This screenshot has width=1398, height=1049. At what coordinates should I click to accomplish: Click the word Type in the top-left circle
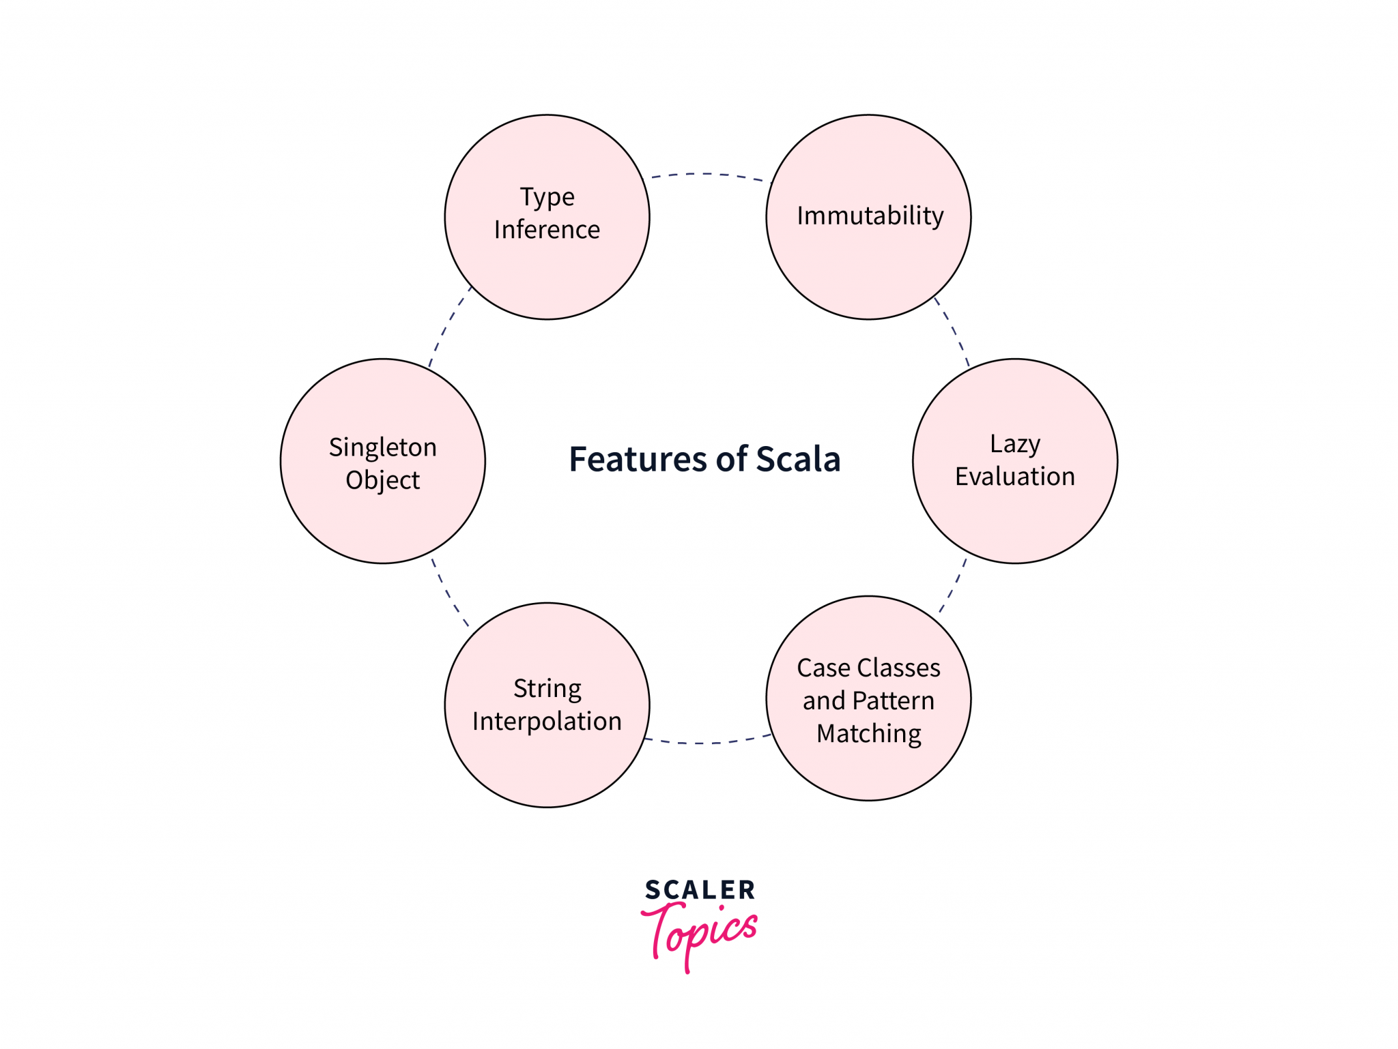click(547, 197)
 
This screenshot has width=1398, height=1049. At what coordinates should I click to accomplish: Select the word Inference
click(547, 230)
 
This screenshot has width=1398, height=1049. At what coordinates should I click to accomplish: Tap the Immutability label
click(870, 216)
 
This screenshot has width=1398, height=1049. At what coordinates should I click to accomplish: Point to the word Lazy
click(1015, 444)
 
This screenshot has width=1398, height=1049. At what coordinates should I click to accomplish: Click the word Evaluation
click(1015, 476)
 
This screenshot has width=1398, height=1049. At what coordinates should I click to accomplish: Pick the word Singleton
click(382, 447)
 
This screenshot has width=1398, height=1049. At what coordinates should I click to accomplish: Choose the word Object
click(382, 480)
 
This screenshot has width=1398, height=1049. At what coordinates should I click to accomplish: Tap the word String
click(547, 689)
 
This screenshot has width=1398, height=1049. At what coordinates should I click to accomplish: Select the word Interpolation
click(547, 721)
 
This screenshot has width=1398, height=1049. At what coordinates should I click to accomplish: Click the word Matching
click(869, 734)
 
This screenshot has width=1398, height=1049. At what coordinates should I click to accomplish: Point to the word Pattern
click(893, 700)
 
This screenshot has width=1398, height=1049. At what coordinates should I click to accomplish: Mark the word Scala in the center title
click(798, 459)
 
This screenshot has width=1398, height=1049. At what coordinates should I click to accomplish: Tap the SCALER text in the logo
click(700, 890)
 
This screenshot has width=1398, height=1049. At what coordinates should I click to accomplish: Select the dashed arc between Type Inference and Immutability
click(707, 174)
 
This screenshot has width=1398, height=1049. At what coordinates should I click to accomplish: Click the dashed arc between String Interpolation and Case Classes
click(707, 742)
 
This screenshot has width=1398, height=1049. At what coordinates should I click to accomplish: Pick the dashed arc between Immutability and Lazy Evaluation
click(954, 331)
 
